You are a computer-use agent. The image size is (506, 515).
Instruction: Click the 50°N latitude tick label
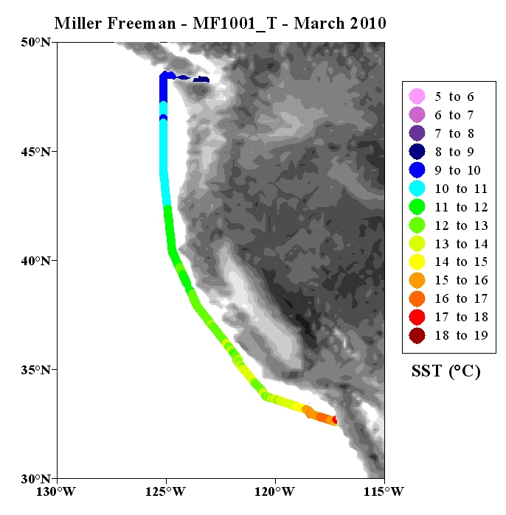coord(36,43)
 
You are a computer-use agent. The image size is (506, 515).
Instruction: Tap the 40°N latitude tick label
coord(36,261)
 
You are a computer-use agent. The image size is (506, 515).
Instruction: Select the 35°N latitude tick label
coord(36,370)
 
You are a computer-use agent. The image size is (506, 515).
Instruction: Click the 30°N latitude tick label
coord(36,479)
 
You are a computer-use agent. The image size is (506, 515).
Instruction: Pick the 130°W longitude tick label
coord(56,491)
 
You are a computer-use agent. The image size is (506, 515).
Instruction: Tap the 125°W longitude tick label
coord(165,491)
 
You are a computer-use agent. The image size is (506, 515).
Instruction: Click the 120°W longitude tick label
coord(274,491)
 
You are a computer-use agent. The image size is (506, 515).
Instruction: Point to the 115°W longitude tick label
coord(384,491)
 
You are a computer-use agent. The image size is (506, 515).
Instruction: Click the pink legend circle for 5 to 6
coord(417,97)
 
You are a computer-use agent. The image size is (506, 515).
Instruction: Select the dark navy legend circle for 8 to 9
coord(417,152)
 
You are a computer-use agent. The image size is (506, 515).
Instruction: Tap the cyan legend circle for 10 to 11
coord(417,188)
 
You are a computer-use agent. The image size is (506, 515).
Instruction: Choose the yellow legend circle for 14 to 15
coord(417,262)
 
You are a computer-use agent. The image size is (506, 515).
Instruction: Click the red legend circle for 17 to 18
coord(417,317)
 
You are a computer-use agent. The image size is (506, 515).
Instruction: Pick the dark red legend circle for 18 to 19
coord(417,335)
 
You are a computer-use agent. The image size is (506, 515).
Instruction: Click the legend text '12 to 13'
coord(461,225)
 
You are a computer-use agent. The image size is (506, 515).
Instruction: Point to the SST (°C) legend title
coord(446,371)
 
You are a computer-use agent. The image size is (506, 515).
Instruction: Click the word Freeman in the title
coord(142,24)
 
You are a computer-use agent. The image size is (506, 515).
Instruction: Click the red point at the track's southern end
coord(335,420)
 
